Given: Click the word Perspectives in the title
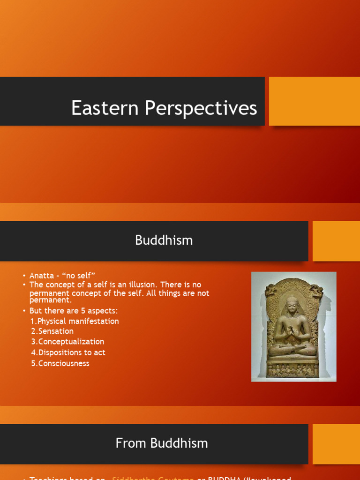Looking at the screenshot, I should pyautogui.click(x=201, y=108).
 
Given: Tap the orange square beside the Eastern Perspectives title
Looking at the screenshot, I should pyautogui.click(x=314, y=101).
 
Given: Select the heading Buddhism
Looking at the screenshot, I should pyautogui.click(x=164, y=240).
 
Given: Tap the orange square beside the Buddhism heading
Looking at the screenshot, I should pyautogui.click(x=336, y=241).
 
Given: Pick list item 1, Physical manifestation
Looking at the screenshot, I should pyautogui.click(x=75, y=321).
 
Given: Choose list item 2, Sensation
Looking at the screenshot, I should pyautogui.click(x=52, y=331).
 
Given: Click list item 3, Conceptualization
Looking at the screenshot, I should pyautogui.click(x=67, y=342).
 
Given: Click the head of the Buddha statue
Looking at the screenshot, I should pyautogui.click(x=293, y=305).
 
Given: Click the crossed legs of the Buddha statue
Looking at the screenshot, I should pyautogui.click(x=293, y=350).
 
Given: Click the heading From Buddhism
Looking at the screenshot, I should pyautogui.click(x=162, y=443).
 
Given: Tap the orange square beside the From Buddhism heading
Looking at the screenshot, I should pyautogui.click(x=336, y=444).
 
